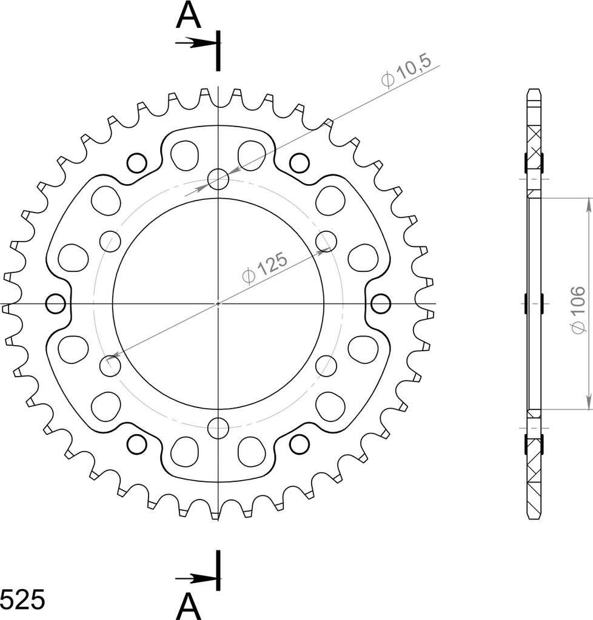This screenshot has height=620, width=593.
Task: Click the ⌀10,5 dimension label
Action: point(406,71)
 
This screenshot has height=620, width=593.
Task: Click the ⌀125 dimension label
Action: point(265,268)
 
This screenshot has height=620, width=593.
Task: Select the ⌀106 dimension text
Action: point(578,309)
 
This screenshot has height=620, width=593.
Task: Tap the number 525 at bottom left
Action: point(22,600)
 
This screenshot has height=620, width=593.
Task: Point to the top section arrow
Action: point(196,43)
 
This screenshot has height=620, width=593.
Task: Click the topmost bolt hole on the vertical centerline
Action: point(218,179)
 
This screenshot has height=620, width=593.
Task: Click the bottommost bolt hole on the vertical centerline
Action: point(218,428)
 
